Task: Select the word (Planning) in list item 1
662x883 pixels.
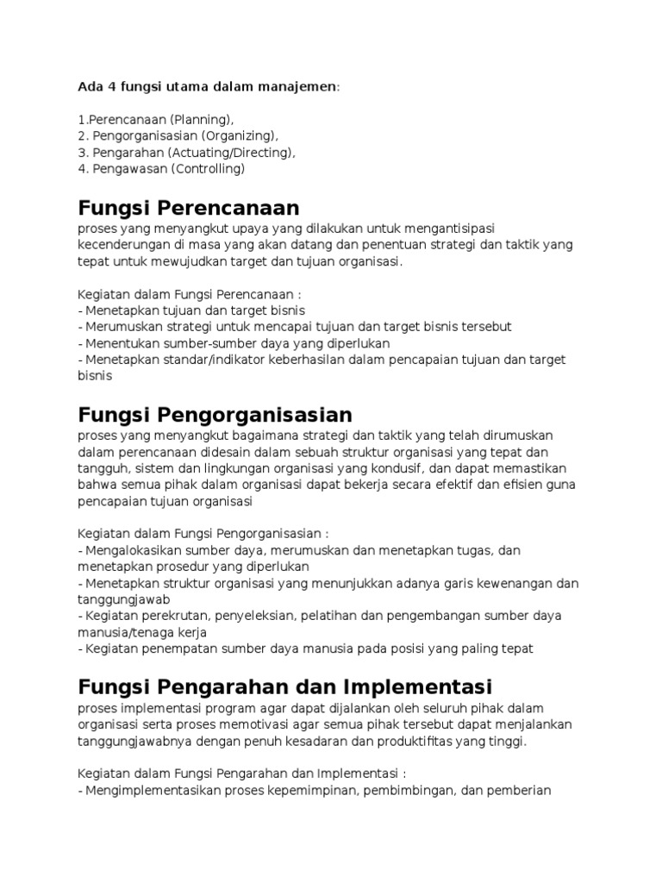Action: tap(201, 119)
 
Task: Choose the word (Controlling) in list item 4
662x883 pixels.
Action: tap(207, 169)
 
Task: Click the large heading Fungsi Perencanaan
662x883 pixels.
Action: tap(188, 208)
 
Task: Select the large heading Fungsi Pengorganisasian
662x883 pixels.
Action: tap(215, 415)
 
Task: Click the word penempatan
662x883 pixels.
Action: tap(169, 648)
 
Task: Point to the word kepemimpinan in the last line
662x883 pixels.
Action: tap(330, 789)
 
